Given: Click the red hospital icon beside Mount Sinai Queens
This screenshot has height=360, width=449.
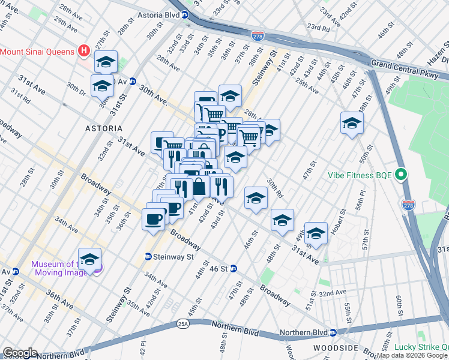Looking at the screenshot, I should (84, 52).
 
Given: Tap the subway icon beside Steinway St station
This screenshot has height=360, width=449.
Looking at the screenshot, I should (148, 257).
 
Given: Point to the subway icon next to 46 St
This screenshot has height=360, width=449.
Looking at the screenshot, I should (234, 268).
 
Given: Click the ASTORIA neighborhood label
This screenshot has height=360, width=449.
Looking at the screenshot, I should (104, 128).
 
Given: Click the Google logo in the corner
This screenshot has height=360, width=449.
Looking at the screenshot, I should (20, 353).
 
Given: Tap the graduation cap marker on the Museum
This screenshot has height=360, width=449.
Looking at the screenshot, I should (89, 259).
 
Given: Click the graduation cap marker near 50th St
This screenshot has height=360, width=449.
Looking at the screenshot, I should (352, 124).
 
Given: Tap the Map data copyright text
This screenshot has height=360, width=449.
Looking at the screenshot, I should (412, 355).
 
